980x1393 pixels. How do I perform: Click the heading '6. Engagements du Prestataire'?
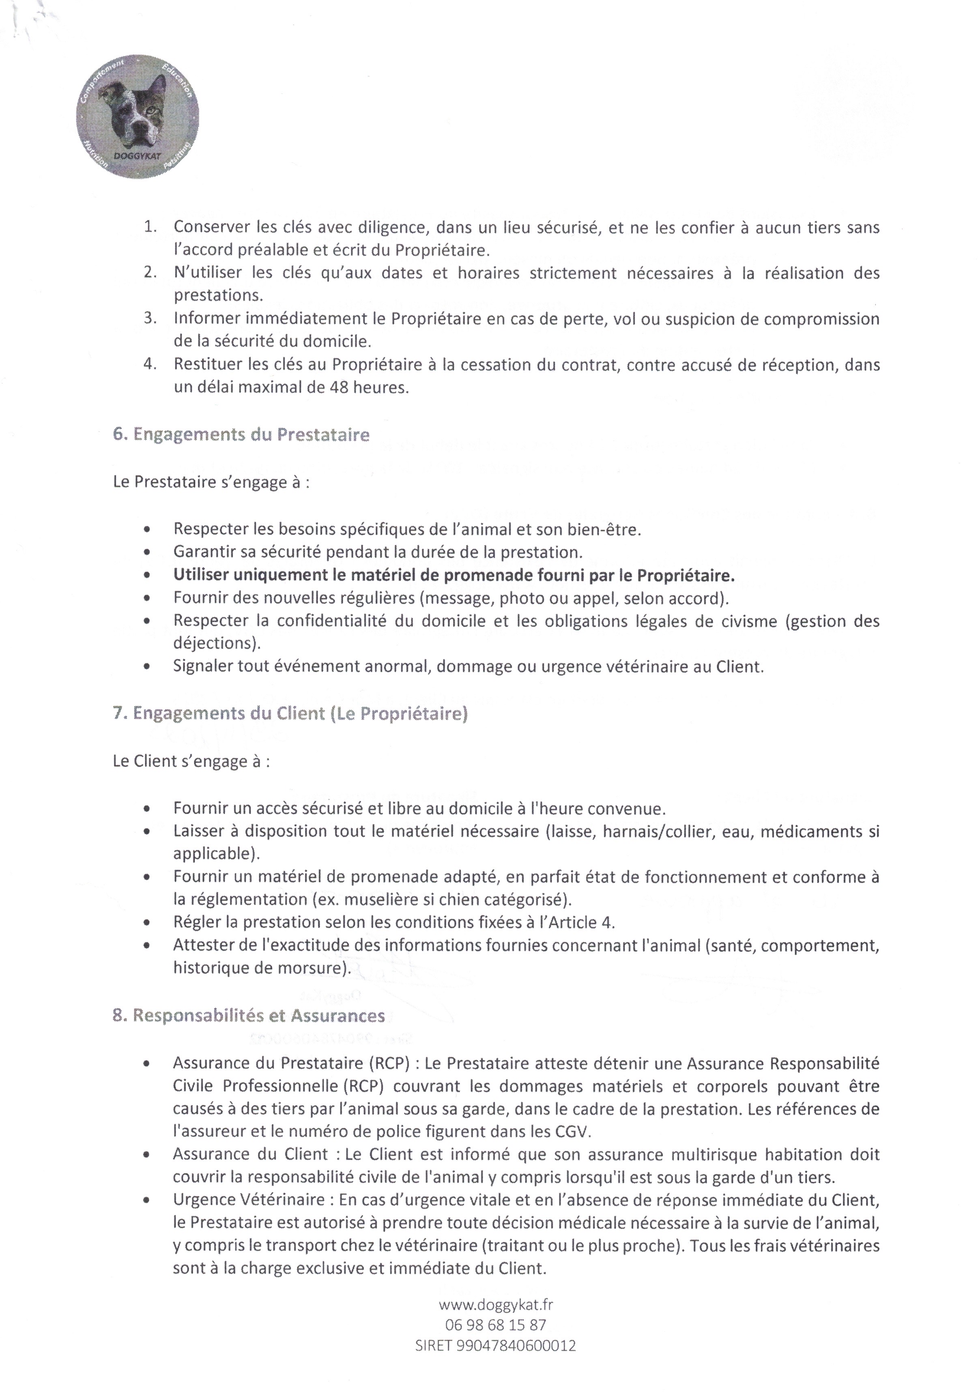click(241, 435)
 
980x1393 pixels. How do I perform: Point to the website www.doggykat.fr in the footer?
click(496, 1303)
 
